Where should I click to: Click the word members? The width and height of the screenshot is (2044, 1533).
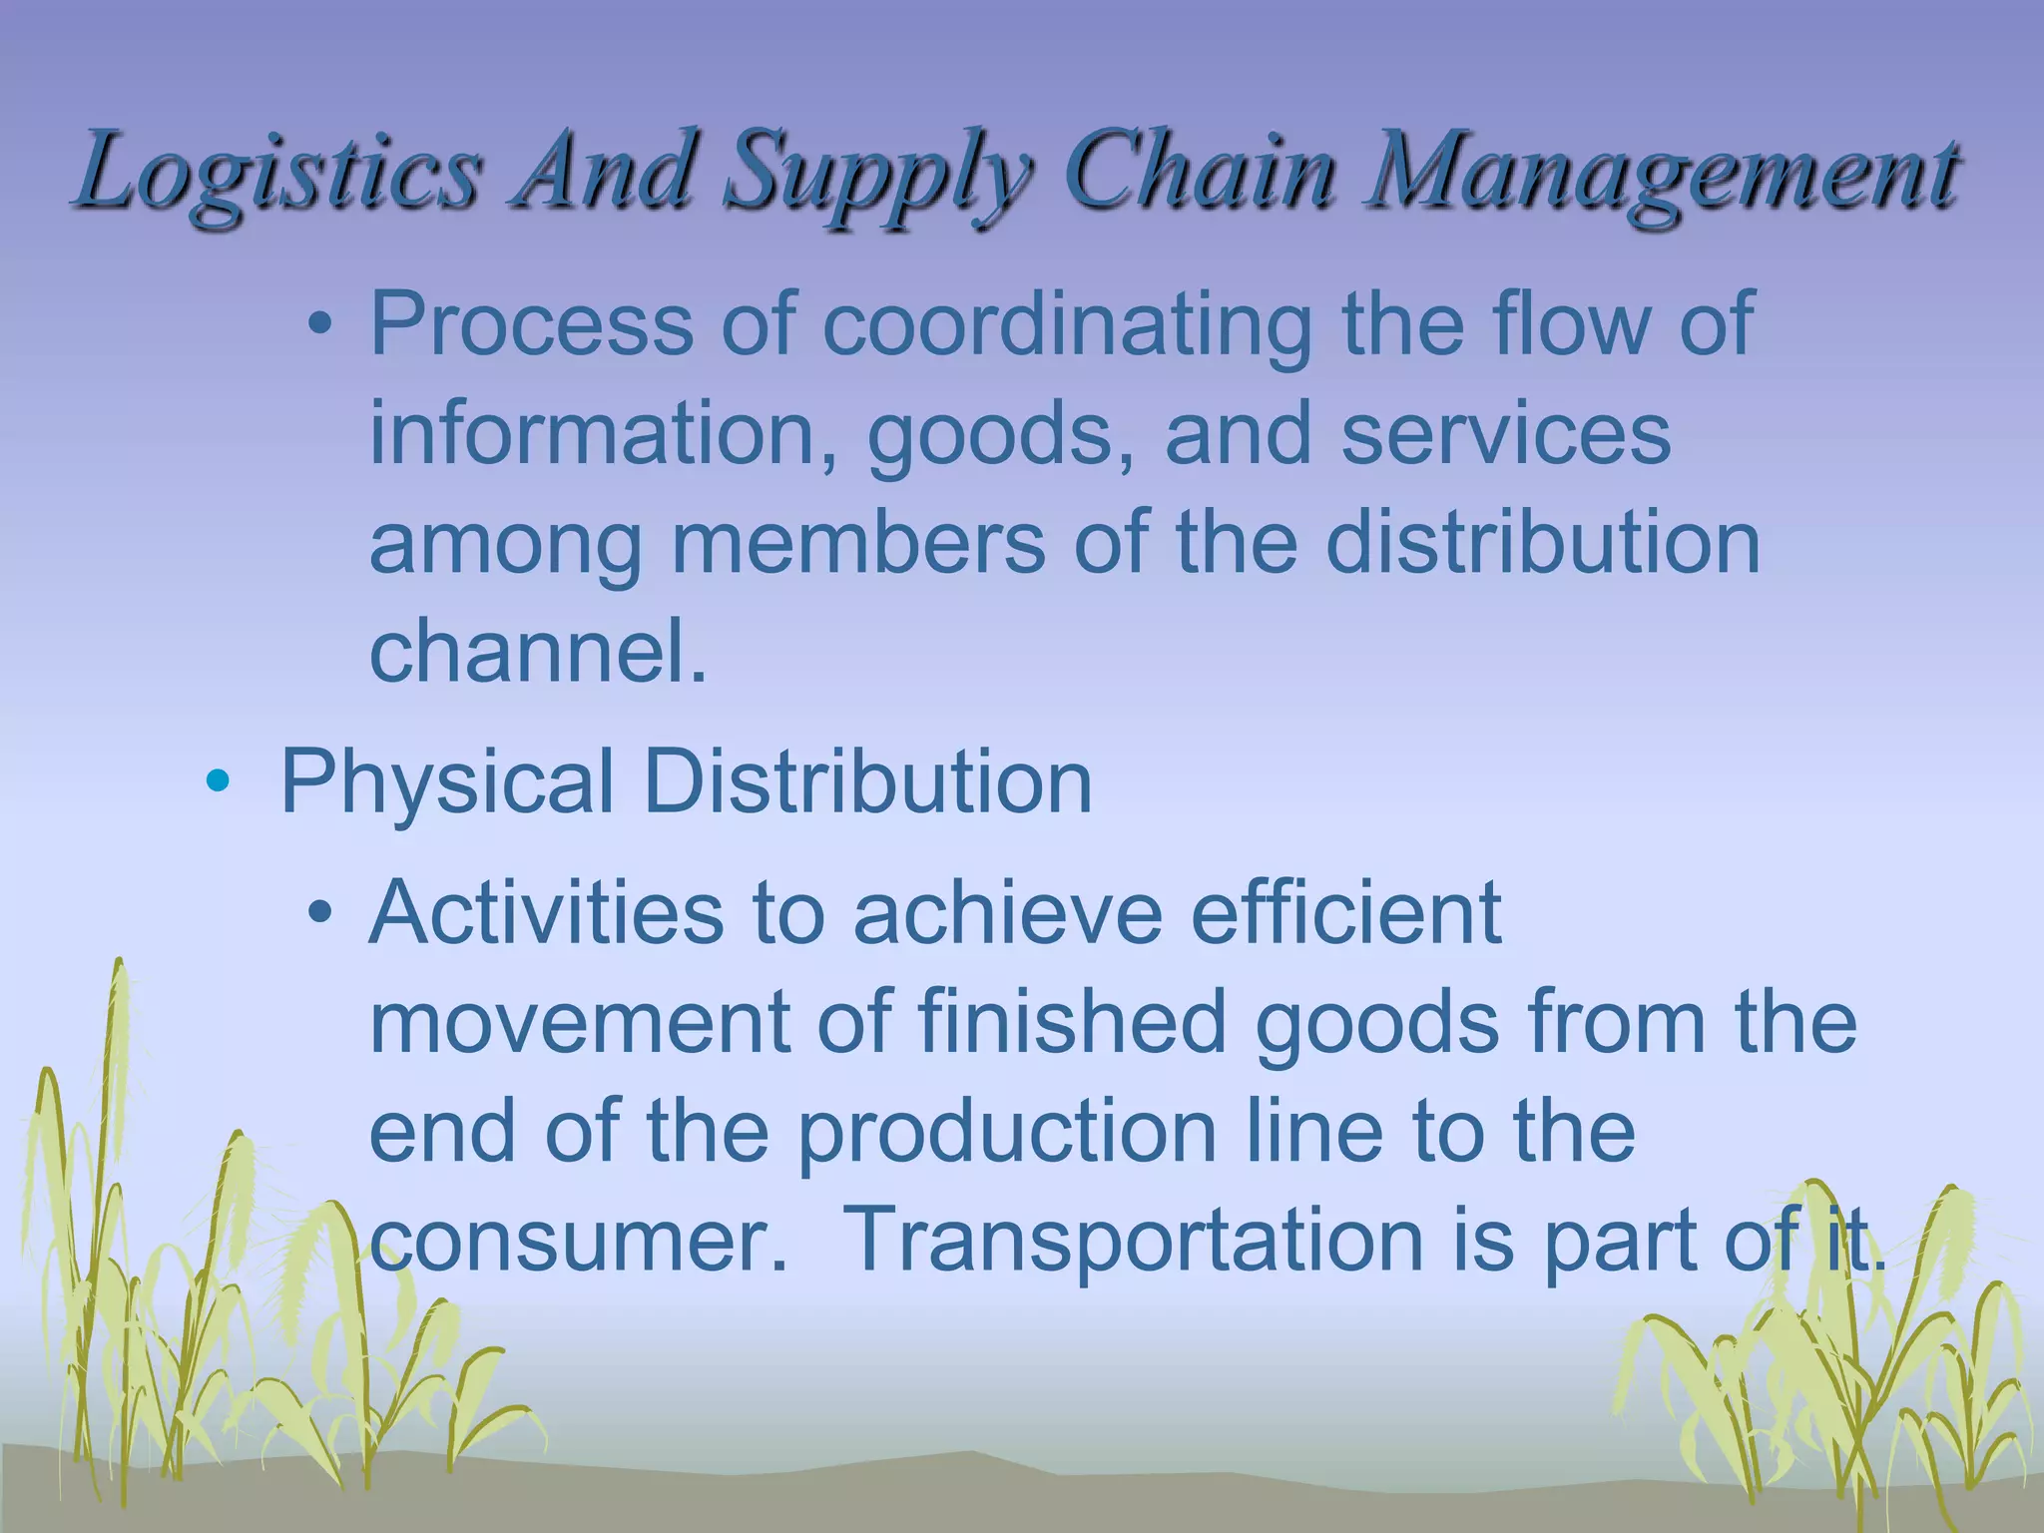point(858,543)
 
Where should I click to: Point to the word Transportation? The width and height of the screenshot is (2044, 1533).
point(1132,1241)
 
